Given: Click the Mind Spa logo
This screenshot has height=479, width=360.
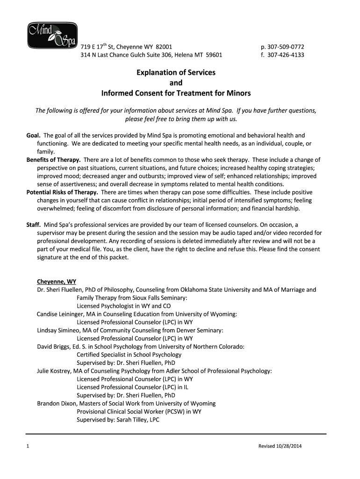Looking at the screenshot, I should pyautogui.click(x=51, y=35).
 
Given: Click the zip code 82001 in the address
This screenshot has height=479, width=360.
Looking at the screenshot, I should pyautogui.click(x=164, y=47).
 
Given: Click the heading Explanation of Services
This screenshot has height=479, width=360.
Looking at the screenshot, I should pyautogui.click(x=176, y=73).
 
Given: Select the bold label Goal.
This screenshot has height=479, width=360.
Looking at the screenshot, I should pyautogui.click(x=33, y=135).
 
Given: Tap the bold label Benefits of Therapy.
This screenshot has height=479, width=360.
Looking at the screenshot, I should pyautogui.click(x=53, y=160).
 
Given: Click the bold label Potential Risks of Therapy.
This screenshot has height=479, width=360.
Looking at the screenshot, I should pyautogui.click(x=62, y=192).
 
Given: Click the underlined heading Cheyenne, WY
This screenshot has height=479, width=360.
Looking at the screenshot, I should pyautogui.click(x=57, y=282).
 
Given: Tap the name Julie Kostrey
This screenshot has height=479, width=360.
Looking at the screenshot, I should pyautogui.click(x=53, y=371).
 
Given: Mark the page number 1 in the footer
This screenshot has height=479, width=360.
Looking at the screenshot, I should pyautogui.click(x=29, y=446).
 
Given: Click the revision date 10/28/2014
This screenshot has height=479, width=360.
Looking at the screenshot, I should pyautogui.click(x=287, y=446).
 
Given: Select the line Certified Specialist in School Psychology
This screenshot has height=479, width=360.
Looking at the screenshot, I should pyautogui.click(x=129, y=355).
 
